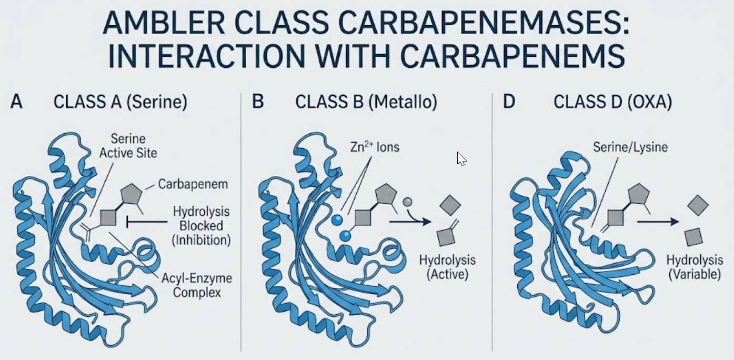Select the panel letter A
pyautogui.click(x=16, y=102)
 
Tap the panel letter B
pyautogui.click(x=257, y=102)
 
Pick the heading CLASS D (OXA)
pyautogui.click(x=612, y=102)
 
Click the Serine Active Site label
pyautogui.click(x=134, y=146)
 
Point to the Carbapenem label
pyautogui.click(x=193, y=184)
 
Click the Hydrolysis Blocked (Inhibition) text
pyautogui.click(x=202, y=226)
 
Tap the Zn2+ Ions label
pyautogui.click(x=375, y=147)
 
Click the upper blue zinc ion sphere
pyautogui.click(x=337, y=220)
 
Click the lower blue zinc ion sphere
pyautogui.click(x=345, y=236)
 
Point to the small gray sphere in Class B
pyautogui.click(x=407, y=201)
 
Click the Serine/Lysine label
pyautogui.click(x=630, y=147)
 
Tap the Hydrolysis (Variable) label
pyautogui.click(x=695, y=267)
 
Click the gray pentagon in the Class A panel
pyautogui.click(x=132, y=194)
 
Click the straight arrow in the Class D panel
pyautogui.click(x=658, y=222)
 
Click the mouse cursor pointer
pyautogui.click(x=460, y=158)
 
